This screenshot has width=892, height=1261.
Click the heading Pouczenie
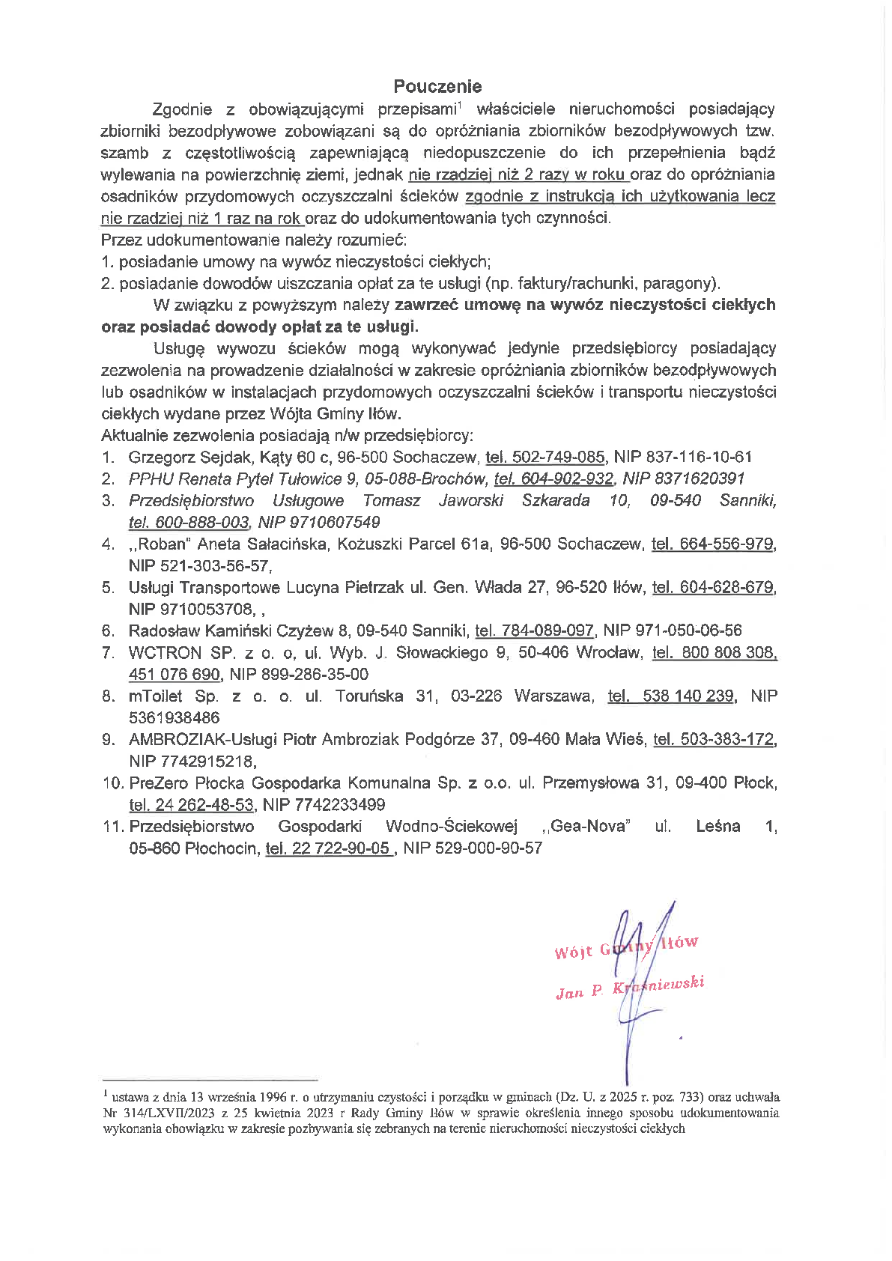(437, 87)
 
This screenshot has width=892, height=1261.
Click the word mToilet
(156, 696)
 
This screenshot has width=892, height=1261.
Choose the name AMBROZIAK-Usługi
(202, 739)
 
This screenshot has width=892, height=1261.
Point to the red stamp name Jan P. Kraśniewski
(630, 988)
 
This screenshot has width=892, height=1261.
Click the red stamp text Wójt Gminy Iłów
(626, 946)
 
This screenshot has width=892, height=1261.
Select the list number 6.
(108, 630)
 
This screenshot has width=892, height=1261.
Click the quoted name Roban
(161, 544)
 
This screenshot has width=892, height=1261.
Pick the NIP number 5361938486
(174, 717)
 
